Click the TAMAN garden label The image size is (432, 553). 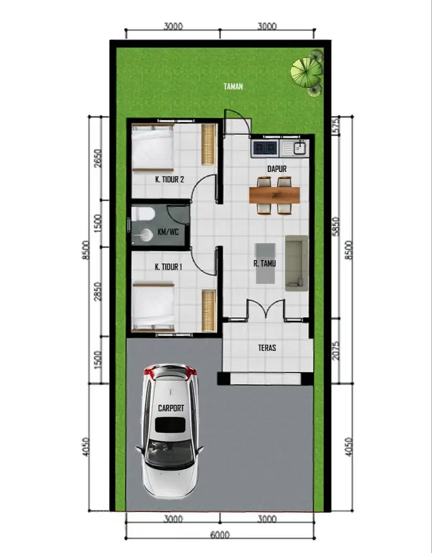[233, 86]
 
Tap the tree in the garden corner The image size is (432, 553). [307, 70]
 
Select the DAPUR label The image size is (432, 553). [276, 168]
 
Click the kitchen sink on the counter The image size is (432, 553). [295, 148]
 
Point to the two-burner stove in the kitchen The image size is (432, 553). [266, 148]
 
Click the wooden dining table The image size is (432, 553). [275, 195]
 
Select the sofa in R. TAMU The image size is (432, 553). [296, 263]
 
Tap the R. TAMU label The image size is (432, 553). [265, 264]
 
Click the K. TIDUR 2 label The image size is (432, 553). [169, 179]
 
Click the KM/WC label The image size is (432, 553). [167, 232]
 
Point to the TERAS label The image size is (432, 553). [267, 348]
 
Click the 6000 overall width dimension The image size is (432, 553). [220, 535]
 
